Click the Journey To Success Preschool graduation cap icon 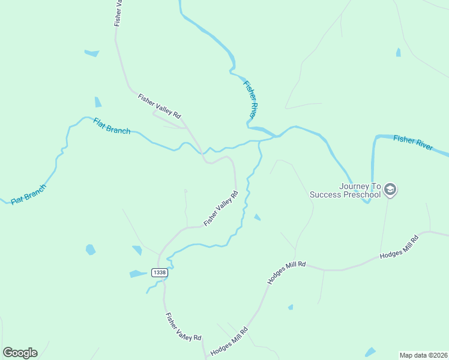(390, 190)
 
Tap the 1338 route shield (159, 272)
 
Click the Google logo (20, 352)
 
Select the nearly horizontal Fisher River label (412, 143)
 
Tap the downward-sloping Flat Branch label (112, 126)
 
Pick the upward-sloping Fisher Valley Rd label (221, 208)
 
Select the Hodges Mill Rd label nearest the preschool (399, 247)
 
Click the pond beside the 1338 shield (138, 274)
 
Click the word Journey (352, 186)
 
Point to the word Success (325, 194)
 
